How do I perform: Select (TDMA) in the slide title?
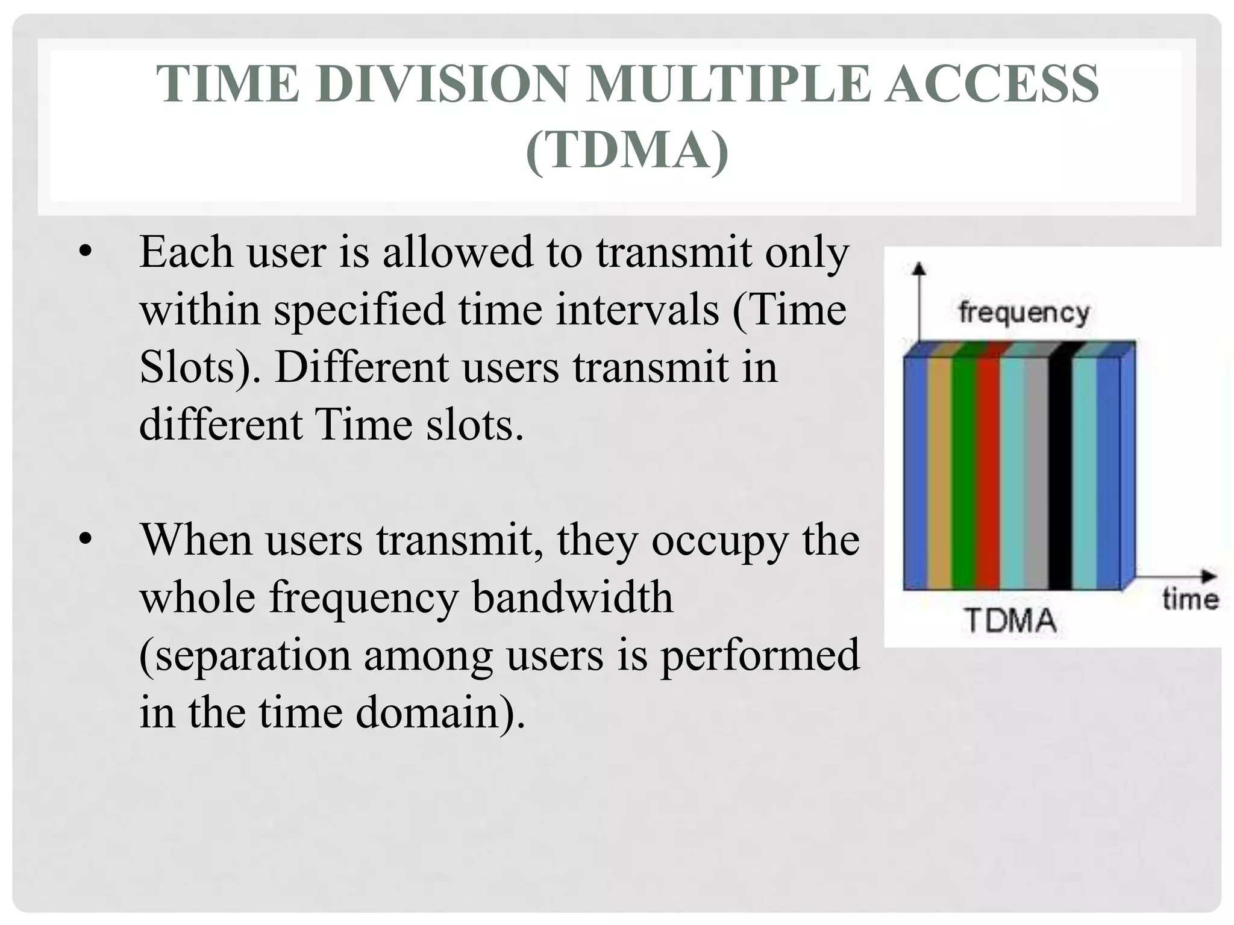[x=627, y=151]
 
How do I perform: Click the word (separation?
[x=245, y=655]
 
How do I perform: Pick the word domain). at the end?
[x=440, y=712]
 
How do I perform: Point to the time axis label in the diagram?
[x=1189, y=600]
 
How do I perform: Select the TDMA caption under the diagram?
[x=1011, y=620]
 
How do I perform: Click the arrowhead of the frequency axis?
[x=918, y=269]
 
